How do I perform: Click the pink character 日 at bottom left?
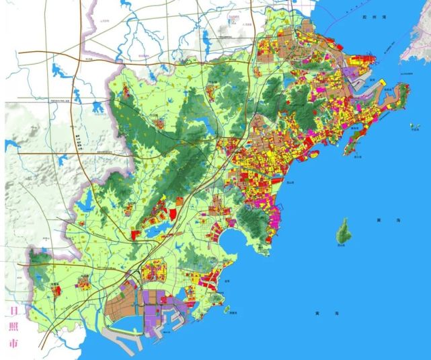point(11,312)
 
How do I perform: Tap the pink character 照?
point(11,327)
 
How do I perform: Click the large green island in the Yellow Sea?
point(345,232)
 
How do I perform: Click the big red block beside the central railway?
point(171,214)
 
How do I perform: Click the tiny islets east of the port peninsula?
point(413,126)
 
